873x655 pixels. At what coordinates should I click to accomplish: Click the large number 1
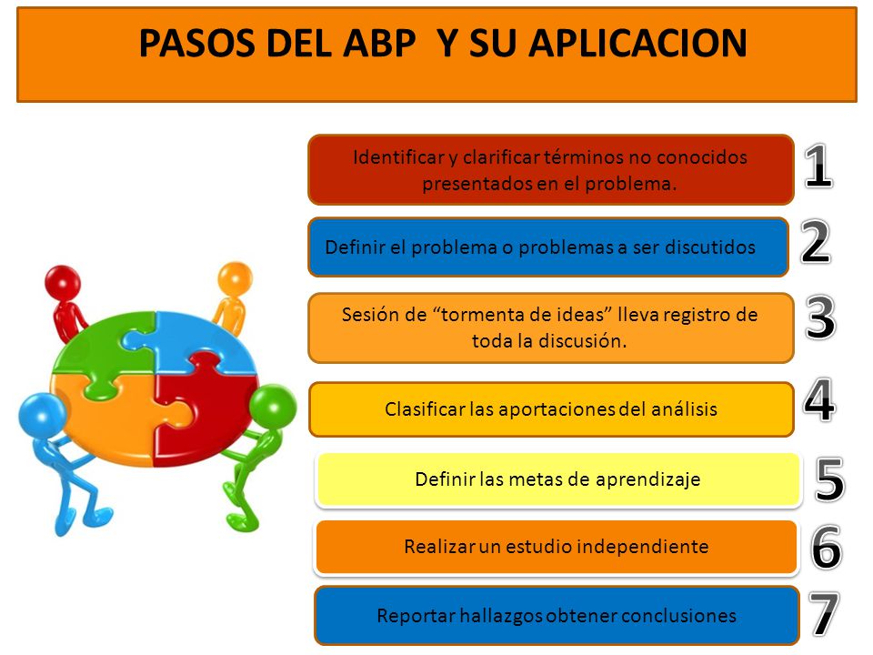tap(818, 167)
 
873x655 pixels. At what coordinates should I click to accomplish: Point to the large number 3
tap(821, 318)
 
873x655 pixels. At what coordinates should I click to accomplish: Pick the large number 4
tap(819, 401)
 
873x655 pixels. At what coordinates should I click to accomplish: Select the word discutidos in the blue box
tap(711, 247)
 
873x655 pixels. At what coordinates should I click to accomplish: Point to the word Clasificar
tap(426, 409)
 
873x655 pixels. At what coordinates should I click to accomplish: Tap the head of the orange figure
tap(236, 275)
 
